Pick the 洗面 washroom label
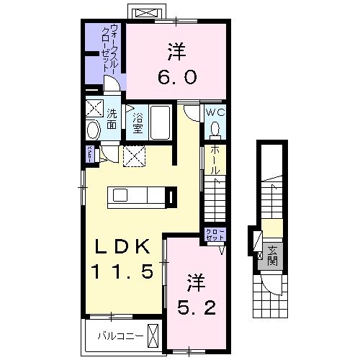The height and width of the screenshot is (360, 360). coord(112,119)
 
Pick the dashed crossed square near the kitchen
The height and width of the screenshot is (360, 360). coord(133,156)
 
